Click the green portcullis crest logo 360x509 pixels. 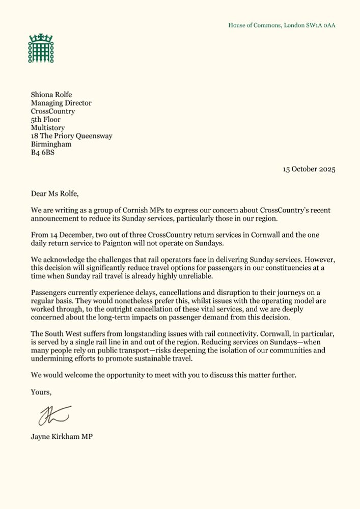click(x=41, y=48)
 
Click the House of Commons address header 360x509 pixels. click(x=282, y=25)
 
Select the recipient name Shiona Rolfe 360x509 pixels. click(x=52, y=95)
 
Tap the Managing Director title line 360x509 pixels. click(x=61, y=103)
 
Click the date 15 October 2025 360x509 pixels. click(x=309, y=169)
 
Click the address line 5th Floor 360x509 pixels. click(x=45, y=120)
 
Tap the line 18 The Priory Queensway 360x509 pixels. click(x=71, y=136)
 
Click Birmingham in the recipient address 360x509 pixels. click(x=51, y=144)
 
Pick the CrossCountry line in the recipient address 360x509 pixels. click(x=53, y=111)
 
